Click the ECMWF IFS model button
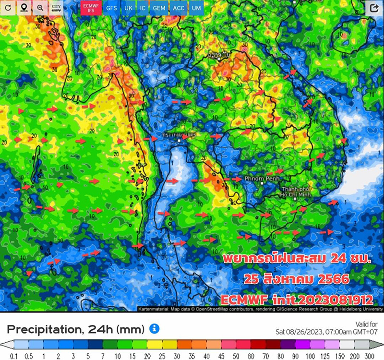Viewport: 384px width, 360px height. click(87, 8)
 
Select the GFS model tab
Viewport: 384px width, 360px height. click(111, 8)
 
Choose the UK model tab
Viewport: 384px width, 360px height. click(128, 8)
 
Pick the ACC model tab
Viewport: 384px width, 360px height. click(178, 8)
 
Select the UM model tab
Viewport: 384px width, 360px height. click(196, 8)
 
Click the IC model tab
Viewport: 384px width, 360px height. click(142, 8)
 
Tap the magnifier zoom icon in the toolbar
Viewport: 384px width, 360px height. click(40, 8)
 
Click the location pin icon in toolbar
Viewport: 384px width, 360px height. click(24, 8)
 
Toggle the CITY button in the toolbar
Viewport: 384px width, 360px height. click(56, 8)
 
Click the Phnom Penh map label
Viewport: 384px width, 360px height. click(259, 178)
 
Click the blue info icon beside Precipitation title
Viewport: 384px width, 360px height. click(154, 328)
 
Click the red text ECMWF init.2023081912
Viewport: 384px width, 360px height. click(297, 300)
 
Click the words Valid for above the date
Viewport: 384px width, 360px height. click(367, 323)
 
